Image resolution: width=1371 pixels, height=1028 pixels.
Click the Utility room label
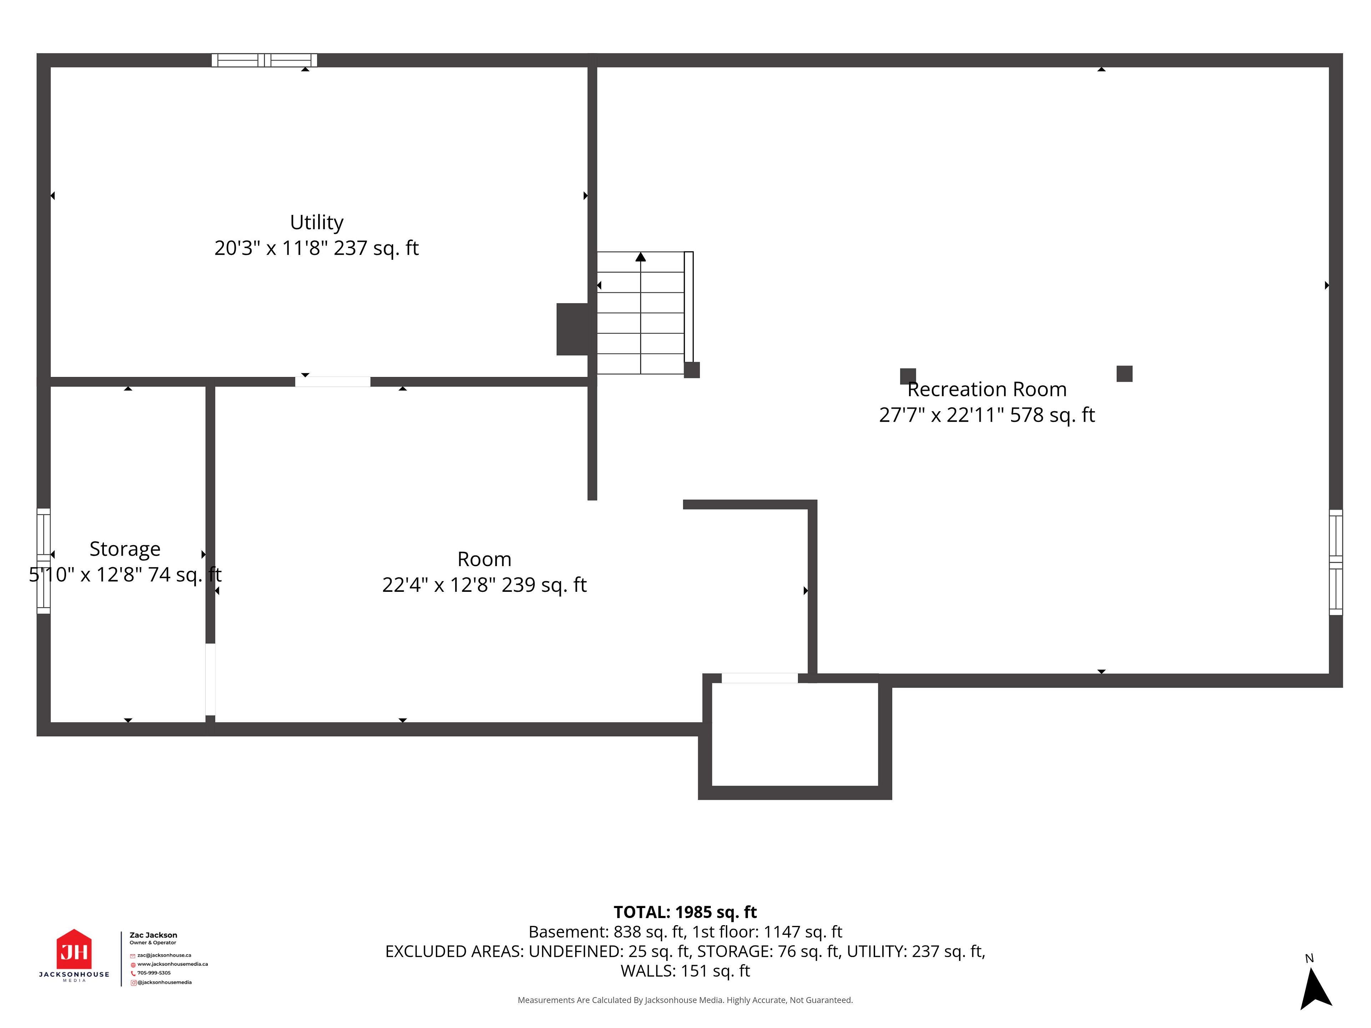[317, 222]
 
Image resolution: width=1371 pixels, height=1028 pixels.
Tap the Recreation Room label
[987, 389]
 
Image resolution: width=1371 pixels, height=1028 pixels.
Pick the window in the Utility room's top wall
[265, 60]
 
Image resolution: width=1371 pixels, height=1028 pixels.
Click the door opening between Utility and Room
[333, 382]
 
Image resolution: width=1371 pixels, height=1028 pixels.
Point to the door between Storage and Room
[210, 680]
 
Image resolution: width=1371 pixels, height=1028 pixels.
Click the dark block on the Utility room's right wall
[572, 329]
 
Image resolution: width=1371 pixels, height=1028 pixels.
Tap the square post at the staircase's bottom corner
[692, 370]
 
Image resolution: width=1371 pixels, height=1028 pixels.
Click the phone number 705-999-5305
[154, 973]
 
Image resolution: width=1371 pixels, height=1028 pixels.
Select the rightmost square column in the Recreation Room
[1124, 374]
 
